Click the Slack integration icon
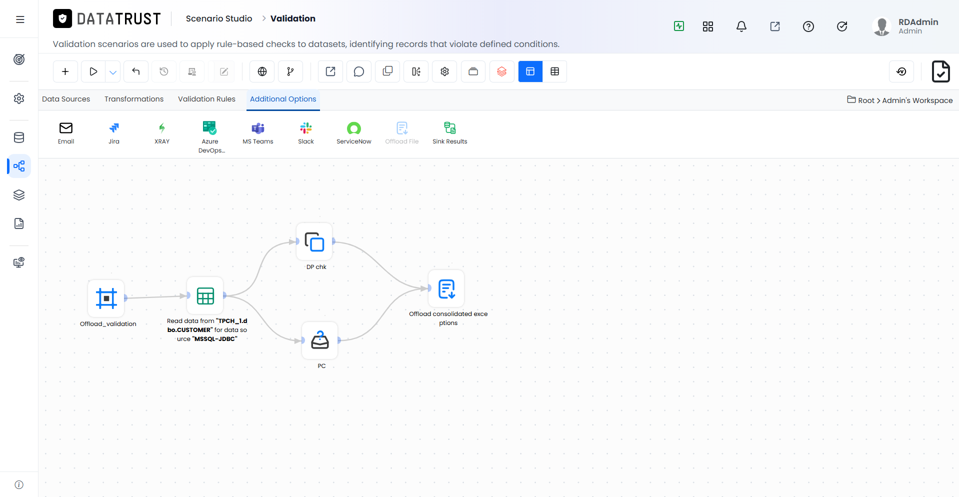[x=306, y=128]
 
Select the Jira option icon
[x=114, y=128]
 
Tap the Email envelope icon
[x=66, y=128]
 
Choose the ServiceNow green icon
[x=354, y=128]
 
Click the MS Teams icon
[x=258, y=128]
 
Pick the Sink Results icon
[x=450, y=128]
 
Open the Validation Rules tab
[x=206, y=99]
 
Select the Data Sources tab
[x=66, y=99]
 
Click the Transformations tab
[x=134, y=99]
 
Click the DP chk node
[x=314, y=242]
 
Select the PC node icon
[x=320, y=340]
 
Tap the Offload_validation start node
[x=106, y=298]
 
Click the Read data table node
[x=205, y=295]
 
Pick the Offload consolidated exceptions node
[x=446, y=288]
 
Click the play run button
[x=93, y=71]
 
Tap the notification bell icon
[x=741, y=26]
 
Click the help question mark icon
[x=808, y=26]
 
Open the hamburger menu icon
[x=20, y=19]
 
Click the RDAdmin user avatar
[x=882, y=26]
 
